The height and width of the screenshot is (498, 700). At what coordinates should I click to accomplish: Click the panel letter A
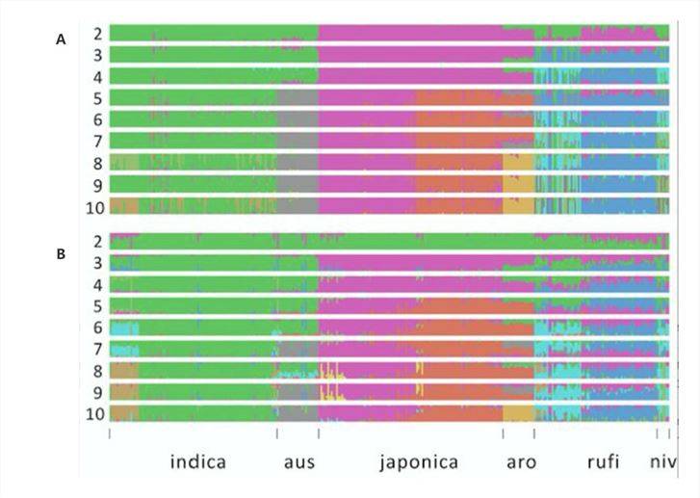tap(62, 39)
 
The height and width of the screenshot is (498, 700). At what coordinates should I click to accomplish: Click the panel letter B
tap(62, 255)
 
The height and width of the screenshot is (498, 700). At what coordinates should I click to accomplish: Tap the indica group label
tap(198, 461)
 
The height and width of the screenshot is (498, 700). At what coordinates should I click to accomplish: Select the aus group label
tap(298, 461)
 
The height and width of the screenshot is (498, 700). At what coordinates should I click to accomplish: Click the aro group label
tap(521, 461)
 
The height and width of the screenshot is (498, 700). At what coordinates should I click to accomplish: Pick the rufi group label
tap(604, 461)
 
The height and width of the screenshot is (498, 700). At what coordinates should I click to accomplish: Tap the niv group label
tap(661, 461)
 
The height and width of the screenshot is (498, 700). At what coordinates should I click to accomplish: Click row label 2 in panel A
tap(98, 34)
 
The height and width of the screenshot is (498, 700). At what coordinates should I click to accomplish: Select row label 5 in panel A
tap(98, 98)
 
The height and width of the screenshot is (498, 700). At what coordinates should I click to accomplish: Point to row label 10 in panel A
tap(94, 205)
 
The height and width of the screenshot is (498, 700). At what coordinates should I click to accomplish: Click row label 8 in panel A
tap(98, 163)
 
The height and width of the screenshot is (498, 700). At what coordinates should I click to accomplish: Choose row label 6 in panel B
tap(98, 328)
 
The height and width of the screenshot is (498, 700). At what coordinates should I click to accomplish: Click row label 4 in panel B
tap(98, 284)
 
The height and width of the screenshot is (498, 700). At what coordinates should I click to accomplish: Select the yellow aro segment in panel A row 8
tap(517, 163)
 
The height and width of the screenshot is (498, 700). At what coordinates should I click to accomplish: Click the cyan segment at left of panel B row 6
tap(124, 328)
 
